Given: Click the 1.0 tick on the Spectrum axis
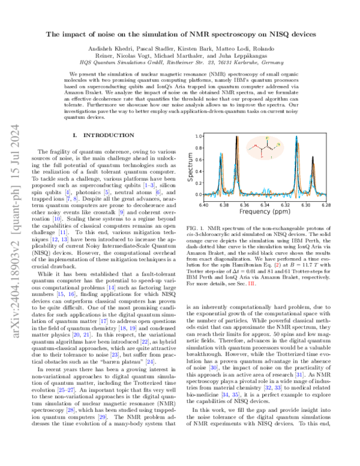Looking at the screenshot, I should pyautogui.click(x=195, y=138).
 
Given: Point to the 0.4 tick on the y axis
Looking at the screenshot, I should pyautogui.click(x=195, y=172).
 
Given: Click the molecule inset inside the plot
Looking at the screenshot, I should pyautogui.click(x=266, y=148).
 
